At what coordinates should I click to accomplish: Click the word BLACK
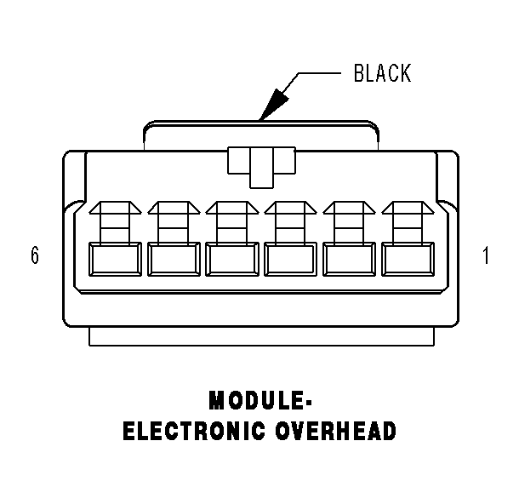click(382, 74)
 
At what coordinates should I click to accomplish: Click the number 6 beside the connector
click(35, 255)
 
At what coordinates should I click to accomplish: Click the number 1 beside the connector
click(486, 255)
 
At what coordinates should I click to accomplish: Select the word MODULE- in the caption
click(259, 399)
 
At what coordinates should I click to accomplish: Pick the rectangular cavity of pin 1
click(407, 259)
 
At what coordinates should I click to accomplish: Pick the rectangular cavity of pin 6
click(114, 259)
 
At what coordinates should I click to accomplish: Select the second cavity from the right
click(348, 259)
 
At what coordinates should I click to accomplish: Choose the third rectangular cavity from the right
click(289, 259)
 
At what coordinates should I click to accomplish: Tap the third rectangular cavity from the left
click(231, 259)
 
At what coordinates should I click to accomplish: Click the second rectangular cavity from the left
click(173, 259)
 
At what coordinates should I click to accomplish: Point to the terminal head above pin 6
click(114, 209)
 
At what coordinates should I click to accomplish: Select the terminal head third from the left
click(231, 209)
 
